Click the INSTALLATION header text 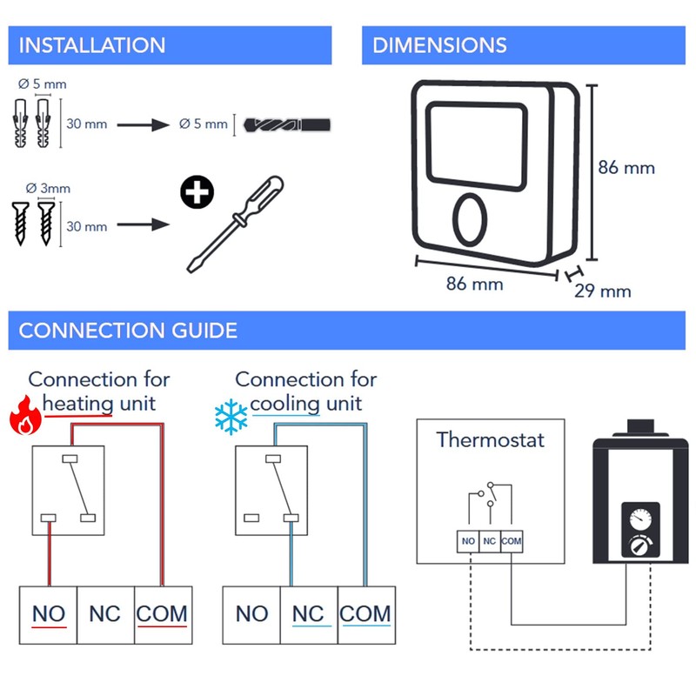[x=91, y=45]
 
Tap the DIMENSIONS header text [x=439, y=45]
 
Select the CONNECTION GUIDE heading [x=128, y=331]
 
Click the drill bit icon [x=288, y=124]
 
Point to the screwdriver [x=236, y=224]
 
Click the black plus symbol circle [x=198, y=193]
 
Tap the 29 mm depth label [x=602, y=291]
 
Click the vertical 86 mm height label [x=626, y=167]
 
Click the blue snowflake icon [x=231, y=418]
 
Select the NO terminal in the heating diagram [x=49, y=614]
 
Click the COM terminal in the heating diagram [x=162, y=614]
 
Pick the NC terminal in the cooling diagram [x=308, y=614]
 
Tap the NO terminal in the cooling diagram [x=251, y=614]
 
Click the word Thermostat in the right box [x=491, y=439]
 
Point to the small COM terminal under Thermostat [x=512, y=541]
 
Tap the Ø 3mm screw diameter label [x=48, y=188]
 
